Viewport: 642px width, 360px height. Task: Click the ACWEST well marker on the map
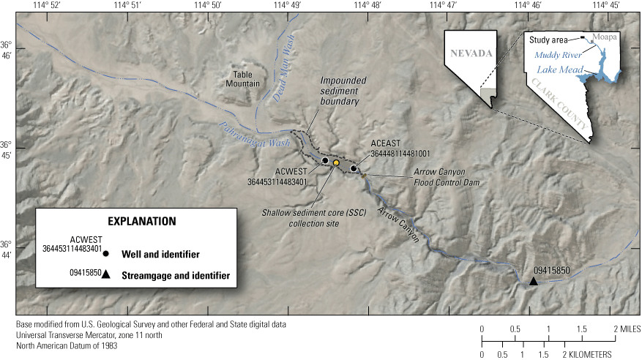point(325,160)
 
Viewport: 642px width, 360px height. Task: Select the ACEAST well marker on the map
point(354,168)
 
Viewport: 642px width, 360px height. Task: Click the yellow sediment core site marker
point(336,162)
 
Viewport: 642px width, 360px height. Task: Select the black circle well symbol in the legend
point(106,254)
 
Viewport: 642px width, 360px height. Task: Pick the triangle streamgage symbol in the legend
point(106,275)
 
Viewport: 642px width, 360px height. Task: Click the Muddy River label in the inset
point(556,55)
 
